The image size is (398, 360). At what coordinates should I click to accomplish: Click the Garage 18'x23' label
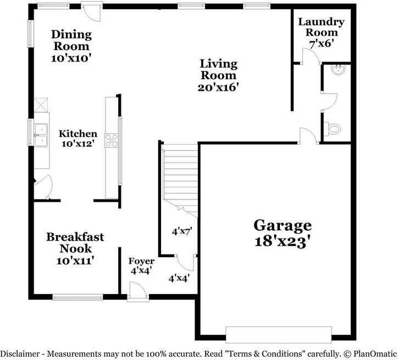tap(282, 234)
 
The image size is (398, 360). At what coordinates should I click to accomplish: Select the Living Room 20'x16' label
tap(218, 75)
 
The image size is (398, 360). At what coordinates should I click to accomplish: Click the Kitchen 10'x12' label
tap(78, 139)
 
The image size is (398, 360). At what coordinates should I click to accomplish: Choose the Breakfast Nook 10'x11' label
tap(75, 249)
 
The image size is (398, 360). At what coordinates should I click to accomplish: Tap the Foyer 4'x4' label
tap(141, 265)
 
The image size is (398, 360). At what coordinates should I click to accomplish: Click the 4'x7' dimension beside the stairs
tap(181, 231)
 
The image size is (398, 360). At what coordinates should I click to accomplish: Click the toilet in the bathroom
tap(333, 129)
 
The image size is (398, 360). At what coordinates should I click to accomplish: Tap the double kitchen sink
tap(41, 136)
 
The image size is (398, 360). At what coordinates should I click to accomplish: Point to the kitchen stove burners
tap(112, 140)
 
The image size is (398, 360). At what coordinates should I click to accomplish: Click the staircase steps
tap(180, 173)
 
